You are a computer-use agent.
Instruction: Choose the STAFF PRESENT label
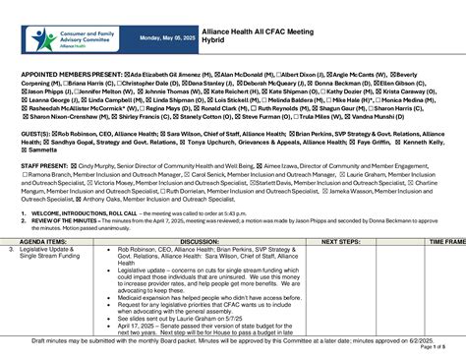[x=43, y=168]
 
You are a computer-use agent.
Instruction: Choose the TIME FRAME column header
[x=446, y=240]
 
